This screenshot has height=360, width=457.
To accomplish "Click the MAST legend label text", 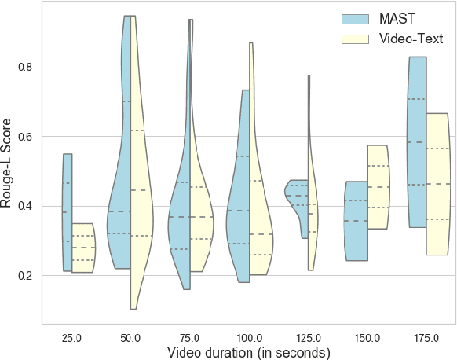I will (397, 17).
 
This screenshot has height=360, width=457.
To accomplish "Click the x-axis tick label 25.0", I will (71, 337).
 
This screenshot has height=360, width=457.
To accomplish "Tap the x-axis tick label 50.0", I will (130, 337).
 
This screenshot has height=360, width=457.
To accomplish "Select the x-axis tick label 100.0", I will (249, 337).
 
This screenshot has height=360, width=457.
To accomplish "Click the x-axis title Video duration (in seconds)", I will (249, 352).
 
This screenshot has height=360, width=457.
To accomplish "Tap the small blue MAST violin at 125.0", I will (299, 197).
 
